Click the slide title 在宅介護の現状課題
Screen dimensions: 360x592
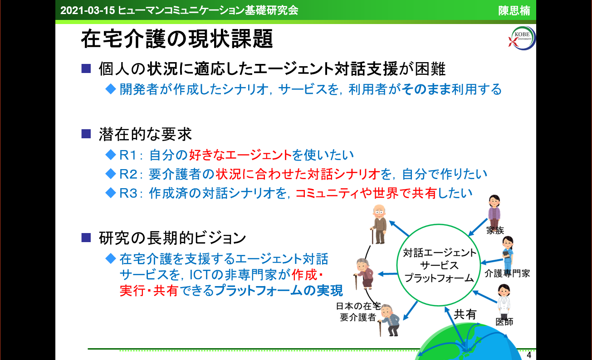point(177,40)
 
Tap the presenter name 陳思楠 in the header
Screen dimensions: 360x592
point(514,10)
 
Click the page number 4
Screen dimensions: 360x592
point(529,354)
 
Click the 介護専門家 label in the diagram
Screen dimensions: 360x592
point(507,273)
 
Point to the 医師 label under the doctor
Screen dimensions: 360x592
point(504,322)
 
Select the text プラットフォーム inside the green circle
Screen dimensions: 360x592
point(439,278)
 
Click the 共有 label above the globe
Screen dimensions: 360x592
point(465,314)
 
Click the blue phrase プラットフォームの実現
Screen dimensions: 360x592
point(279,291)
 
